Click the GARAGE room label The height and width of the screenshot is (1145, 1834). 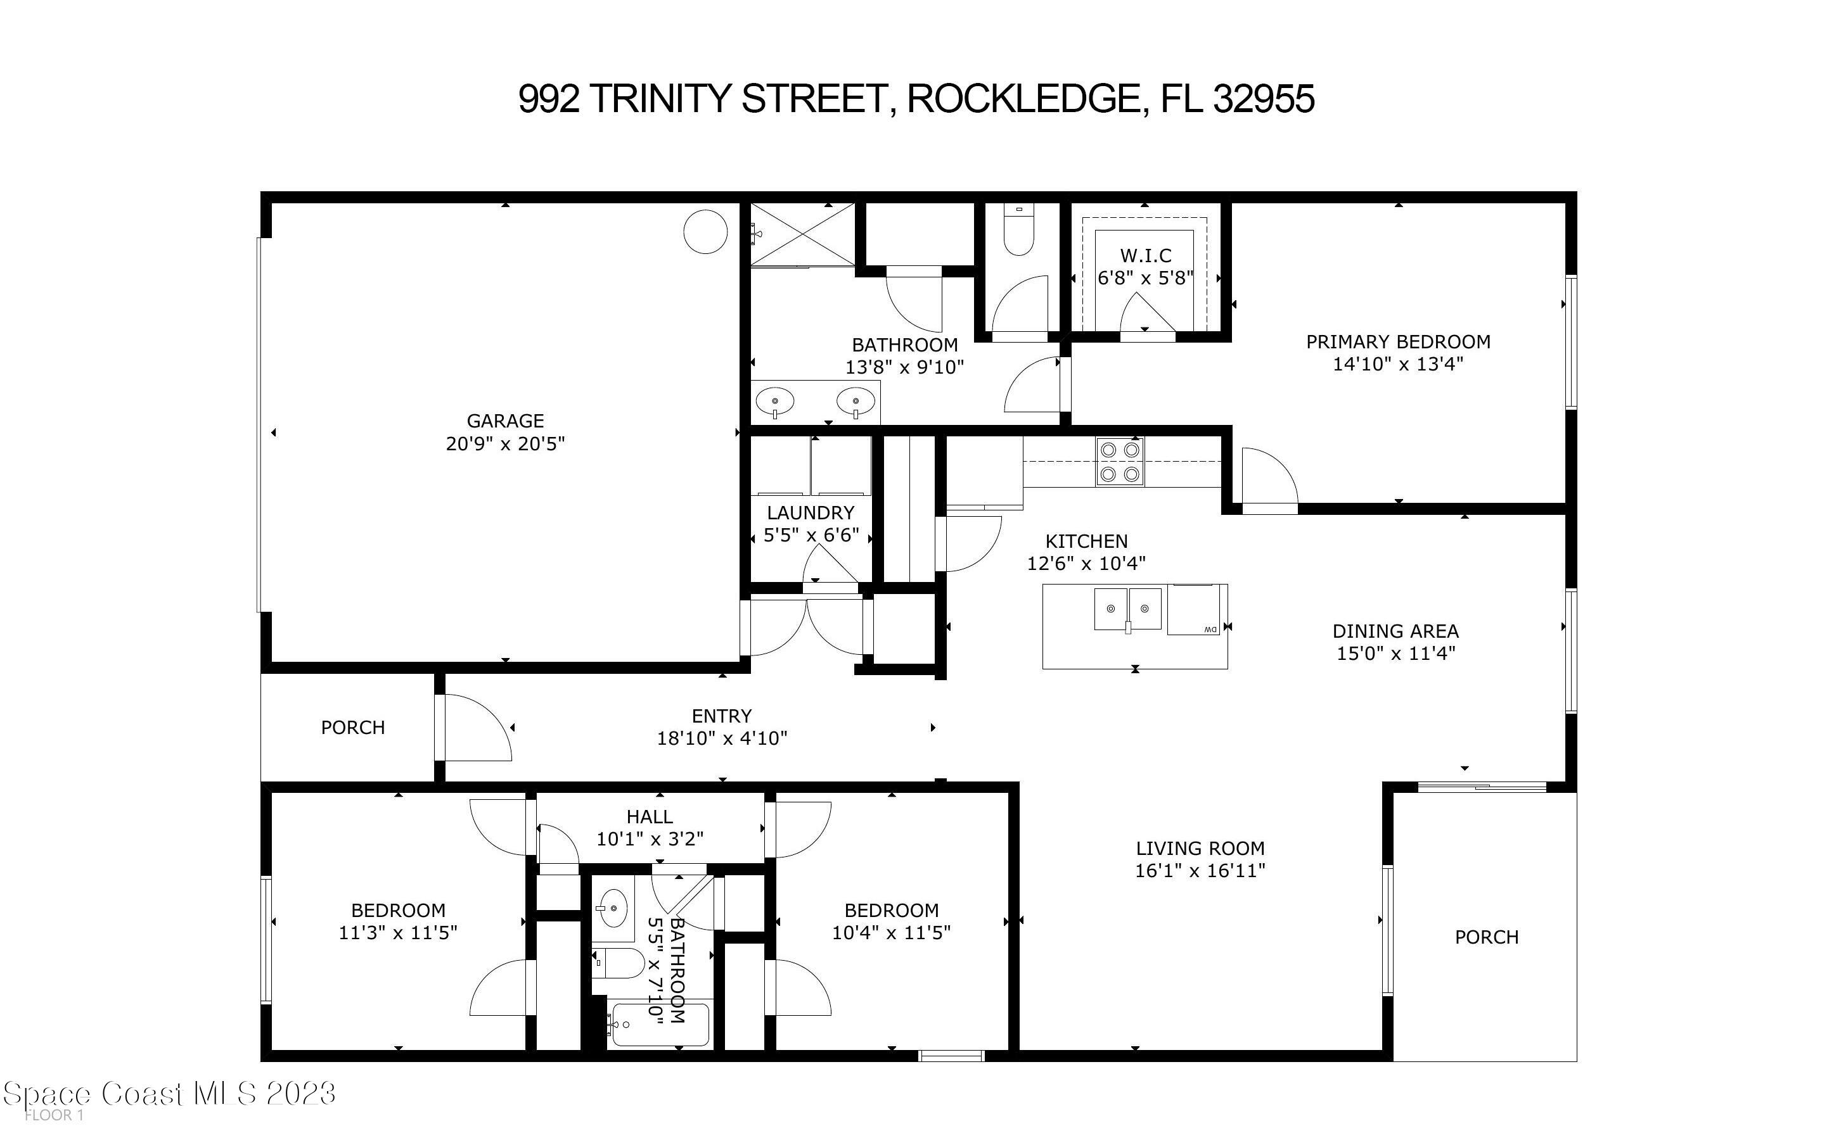click(504, 421)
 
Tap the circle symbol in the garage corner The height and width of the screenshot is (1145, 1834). click(705, 231)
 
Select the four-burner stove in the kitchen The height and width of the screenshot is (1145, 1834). click(1120, 461)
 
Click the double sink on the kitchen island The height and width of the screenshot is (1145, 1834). click(1127, 609)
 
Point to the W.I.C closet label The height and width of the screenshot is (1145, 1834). click(1145, 256)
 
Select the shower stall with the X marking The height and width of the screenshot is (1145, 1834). click(803, 233)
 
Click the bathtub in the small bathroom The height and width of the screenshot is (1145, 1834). click(660, 1025)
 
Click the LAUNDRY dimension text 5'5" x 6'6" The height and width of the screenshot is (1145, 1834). click(811, 535)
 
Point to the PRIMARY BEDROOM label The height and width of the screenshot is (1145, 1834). click(1397, 341)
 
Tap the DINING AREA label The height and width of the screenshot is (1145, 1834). click(1395, 631)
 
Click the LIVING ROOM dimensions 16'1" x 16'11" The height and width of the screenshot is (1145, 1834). click(1200, 871)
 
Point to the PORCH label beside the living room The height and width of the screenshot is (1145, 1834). click(1486, 937)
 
